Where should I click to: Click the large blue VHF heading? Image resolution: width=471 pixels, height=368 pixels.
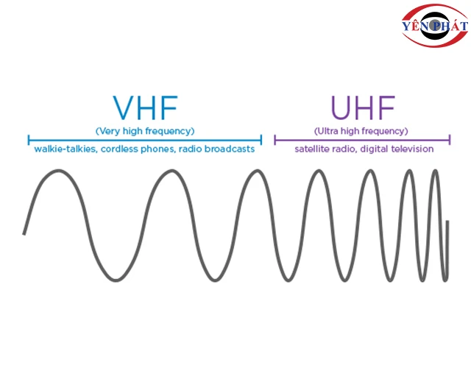(x=146, y=107)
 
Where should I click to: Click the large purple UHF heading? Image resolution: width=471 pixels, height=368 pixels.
(x=363, y=107)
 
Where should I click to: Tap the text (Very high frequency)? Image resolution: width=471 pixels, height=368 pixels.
(x=145, y=131)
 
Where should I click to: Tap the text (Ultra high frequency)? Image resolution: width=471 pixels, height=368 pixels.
(x=361, y=131)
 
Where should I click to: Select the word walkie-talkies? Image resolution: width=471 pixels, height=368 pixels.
(x=65, y=149)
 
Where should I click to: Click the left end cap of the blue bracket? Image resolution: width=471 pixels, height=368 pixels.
(x=29, y=140)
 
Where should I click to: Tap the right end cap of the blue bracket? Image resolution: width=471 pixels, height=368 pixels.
(x=261, y=140)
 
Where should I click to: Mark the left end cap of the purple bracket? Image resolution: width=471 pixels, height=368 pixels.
(x=275, y=140)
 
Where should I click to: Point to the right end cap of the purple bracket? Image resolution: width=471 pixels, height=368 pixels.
(x=450, y=140)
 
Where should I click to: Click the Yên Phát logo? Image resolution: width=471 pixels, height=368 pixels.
(x=435, y=26)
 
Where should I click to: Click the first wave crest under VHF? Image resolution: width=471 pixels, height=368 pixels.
(x=58, y=171)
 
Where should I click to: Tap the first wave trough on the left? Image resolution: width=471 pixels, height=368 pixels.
(x=116, y=280)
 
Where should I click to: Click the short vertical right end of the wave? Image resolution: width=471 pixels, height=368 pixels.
(x=447, y=241)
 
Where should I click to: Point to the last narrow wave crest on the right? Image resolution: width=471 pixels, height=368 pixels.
(x=435, y=171)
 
